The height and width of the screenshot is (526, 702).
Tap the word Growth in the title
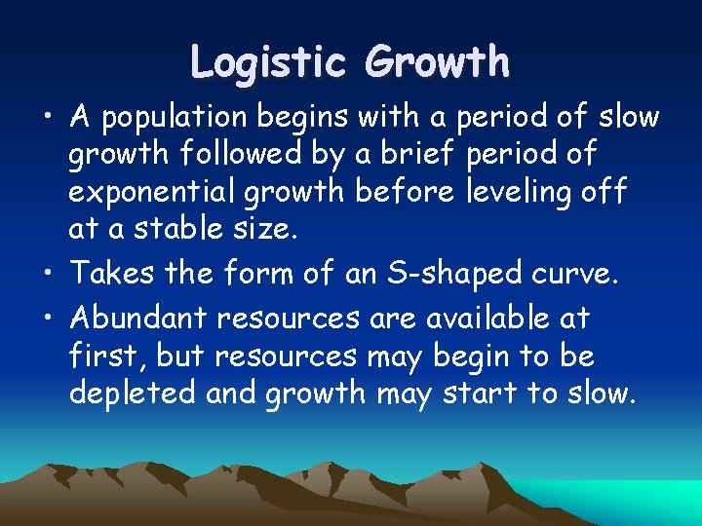coord(436,61)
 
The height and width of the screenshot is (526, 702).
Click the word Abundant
coord(138,318)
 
